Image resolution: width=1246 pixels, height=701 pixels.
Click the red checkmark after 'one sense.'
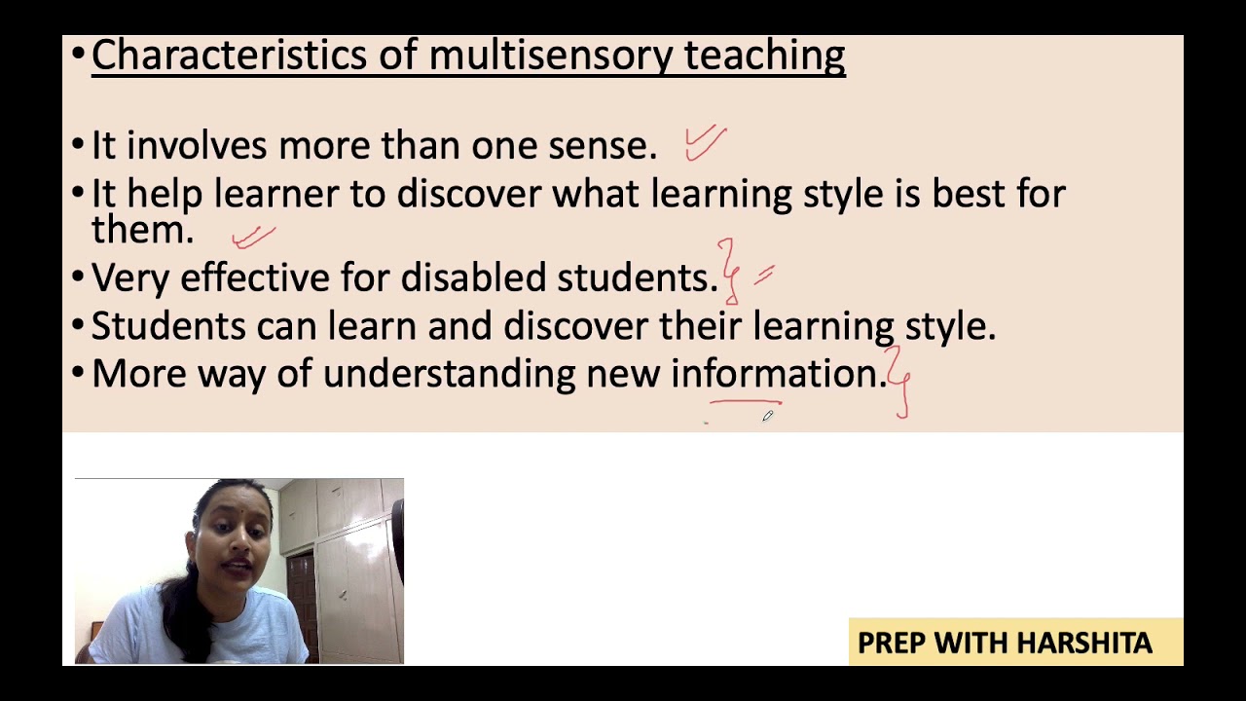705,142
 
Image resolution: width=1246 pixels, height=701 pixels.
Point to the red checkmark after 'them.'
253,237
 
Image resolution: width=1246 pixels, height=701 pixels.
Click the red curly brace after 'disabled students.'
728,273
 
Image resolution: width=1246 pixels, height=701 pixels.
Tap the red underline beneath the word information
746,400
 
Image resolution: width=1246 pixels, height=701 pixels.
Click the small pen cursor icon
767,416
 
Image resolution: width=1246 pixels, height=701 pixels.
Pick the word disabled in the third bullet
473,278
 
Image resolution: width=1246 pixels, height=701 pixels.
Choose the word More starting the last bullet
138,375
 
